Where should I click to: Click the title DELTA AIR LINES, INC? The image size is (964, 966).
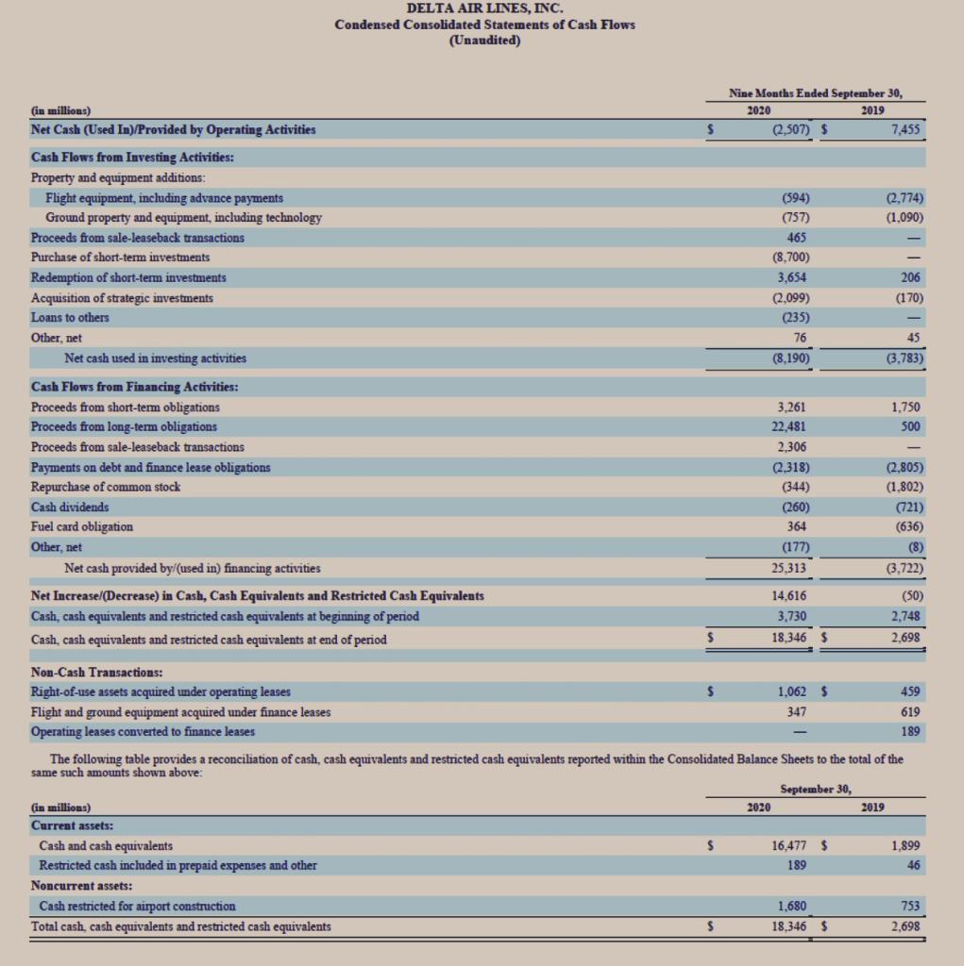tap(484, 8)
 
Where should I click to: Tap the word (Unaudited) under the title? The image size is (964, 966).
tap(484, 40)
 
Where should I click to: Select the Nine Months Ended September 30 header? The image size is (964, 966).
tap(816, 92)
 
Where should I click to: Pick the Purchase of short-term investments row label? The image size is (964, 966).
tap(121, 257)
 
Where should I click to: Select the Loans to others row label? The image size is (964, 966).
tap(70, 317)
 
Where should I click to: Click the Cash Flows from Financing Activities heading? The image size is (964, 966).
tap(134, 387)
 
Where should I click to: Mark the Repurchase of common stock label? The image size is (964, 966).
tap(106, 487)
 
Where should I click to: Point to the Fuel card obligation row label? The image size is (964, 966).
tap(82, 526)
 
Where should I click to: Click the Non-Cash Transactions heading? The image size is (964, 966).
tap(96, 673)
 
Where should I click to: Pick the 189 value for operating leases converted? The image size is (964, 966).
tap(910, 731)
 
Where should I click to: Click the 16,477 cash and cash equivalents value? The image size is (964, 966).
tap(789, 845)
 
